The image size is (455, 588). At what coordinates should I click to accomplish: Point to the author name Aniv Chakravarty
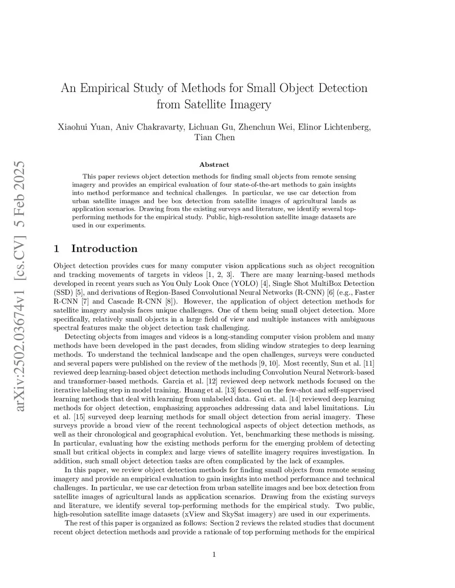[149, 127]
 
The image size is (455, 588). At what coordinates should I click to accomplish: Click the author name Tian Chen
[215, 137]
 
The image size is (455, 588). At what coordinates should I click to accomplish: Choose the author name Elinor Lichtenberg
[334, 127]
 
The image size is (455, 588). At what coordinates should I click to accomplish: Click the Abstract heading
[214, 165]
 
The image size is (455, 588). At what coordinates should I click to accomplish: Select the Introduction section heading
[104, 249]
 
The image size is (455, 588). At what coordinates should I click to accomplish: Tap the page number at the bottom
[214, 554]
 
